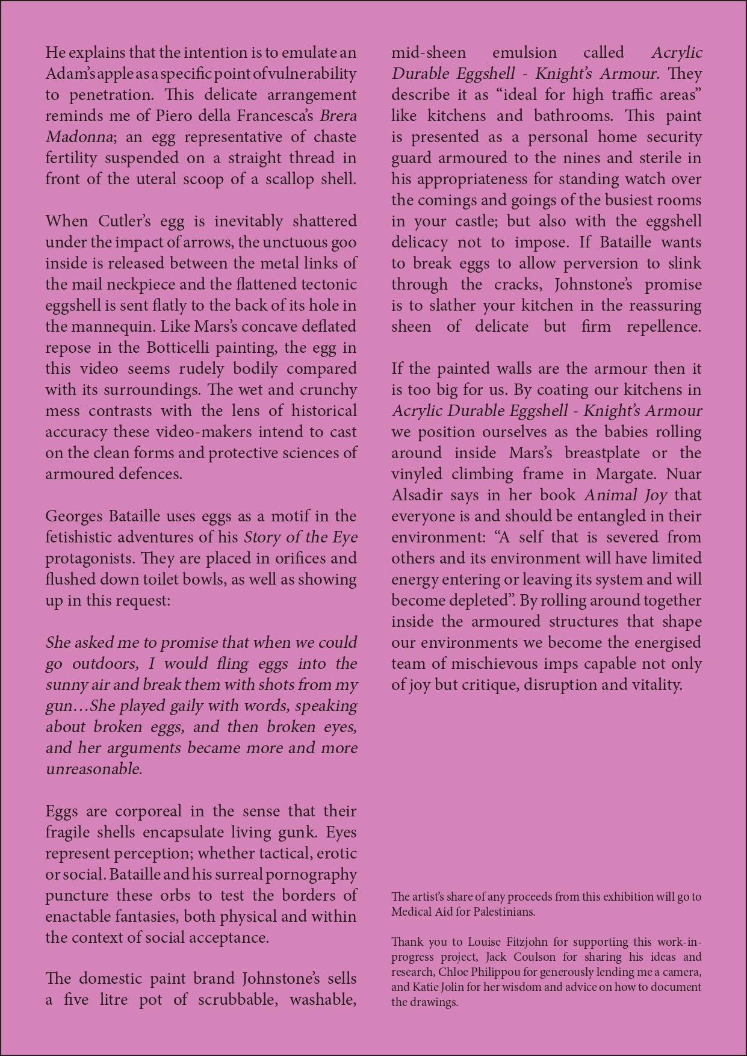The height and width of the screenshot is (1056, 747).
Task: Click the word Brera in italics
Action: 338,116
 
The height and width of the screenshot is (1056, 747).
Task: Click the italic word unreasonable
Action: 94,769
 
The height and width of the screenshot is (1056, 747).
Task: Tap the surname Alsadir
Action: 416,495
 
